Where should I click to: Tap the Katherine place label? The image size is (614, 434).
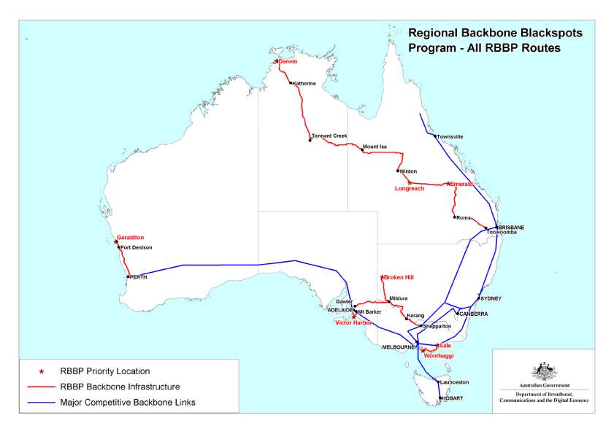coord(304,83)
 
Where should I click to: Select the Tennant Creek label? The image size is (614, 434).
coord(329,136)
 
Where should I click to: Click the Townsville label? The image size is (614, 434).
coord(450,136)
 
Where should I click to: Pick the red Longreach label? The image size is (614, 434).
coord(409,189)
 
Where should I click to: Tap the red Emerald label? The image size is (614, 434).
coord(462,184)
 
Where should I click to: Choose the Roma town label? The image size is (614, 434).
coord(464,217)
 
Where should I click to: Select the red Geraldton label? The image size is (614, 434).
coord(131,237)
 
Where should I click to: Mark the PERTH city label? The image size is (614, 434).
coord(139,276)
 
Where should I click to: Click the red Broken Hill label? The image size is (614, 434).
coord(399,278)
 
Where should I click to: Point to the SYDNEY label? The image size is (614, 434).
coord(491,298)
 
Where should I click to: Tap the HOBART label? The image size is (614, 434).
coord(451,398)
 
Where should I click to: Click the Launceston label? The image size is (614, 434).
coord(454,382)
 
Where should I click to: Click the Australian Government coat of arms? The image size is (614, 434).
coord(545,371)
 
